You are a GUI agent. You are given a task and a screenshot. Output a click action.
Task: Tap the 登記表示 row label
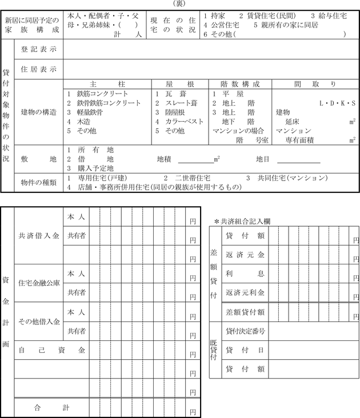(x=39, y=50)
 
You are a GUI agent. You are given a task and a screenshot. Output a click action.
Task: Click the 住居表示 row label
(x=39, y=70)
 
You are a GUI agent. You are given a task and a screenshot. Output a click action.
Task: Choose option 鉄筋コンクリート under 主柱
(x=102, y=94)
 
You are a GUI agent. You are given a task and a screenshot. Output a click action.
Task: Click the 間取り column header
(x=315, y=84)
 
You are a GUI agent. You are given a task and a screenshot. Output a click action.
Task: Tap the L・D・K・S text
(x=338, y=103)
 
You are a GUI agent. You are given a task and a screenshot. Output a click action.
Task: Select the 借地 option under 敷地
(x=94, y=159)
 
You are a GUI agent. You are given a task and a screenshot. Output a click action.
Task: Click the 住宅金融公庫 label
(x=37, y=283)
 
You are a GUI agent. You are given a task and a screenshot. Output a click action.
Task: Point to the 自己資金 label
(x=52, y=350)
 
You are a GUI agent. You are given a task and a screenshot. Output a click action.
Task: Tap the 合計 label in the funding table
(x=52, y=408)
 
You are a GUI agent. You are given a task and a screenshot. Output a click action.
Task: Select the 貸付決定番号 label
(x=245, y=331)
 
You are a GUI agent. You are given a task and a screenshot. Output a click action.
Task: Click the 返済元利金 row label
(x=245, y=292)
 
